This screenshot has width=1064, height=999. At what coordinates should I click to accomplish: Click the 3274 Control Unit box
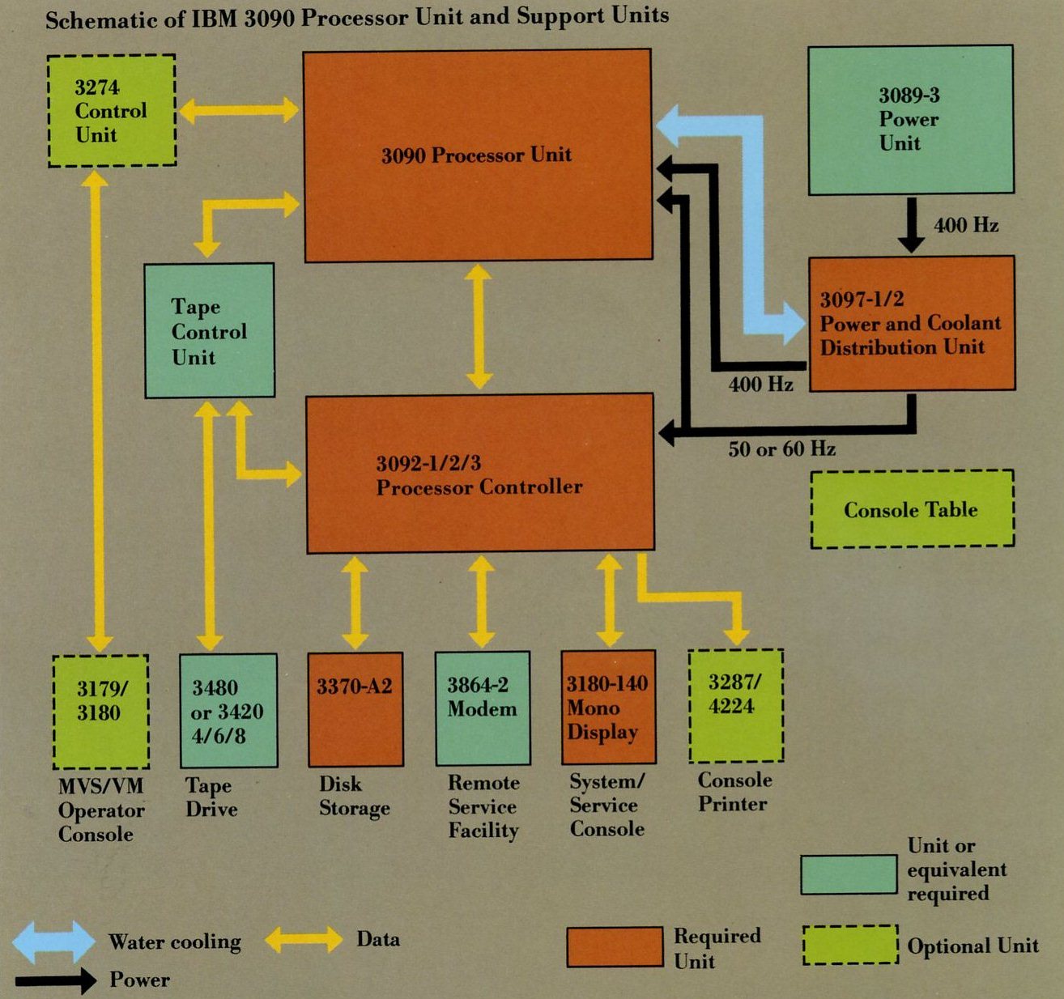[x=112, y=111]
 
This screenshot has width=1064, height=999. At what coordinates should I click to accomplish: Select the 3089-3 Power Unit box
[x=910, y=120]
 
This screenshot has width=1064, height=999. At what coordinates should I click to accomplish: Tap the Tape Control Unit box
[x=209, y=331]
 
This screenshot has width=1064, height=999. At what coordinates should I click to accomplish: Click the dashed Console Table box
[x=912, y=509]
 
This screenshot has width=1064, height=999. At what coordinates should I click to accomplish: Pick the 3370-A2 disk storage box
[x=355, y=710]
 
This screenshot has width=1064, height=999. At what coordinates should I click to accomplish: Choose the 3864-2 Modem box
[x=483, y=709]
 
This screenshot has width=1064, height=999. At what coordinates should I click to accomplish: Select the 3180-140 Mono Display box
[x=608, y=708]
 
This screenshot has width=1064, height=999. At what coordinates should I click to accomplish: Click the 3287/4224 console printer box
[x=735, y=706]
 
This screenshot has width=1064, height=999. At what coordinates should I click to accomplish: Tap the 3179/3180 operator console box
[x=100, y=712]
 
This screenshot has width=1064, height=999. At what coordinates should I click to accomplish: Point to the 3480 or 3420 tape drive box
[x=228, y=712]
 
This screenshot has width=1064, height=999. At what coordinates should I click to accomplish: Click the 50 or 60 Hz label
[x=781, y=448]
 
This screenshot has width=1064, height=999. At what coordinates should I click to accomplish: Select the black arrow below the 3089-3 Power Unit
[x=911, y=225]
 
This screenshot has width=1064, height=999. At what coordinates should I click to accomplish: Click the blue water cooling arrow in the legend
[x=53, y=942]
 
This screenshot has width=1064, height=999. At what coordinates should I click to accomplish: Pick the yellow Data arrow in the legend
[x=304, y=939]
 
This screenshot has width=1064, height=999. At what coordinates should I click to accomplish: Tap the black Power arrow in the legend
[x=55, y=981]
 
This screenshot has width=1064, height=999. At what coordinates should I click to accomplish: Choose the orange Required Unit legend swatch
[x=614, y=947]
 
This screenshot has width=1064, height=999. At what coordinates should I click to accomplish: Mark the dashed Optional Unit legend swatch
[x=850, y=945]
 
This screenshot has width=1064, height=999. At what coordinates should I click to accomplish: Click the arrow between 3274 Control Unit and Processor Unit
[x=238, y=110]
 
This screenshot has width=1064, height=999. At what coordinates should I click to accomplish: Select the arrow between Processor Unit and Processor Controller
[x=479, y=326]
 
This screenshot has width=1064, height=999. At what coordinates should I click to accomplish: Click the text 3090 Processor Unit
[x=476, y=155]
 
